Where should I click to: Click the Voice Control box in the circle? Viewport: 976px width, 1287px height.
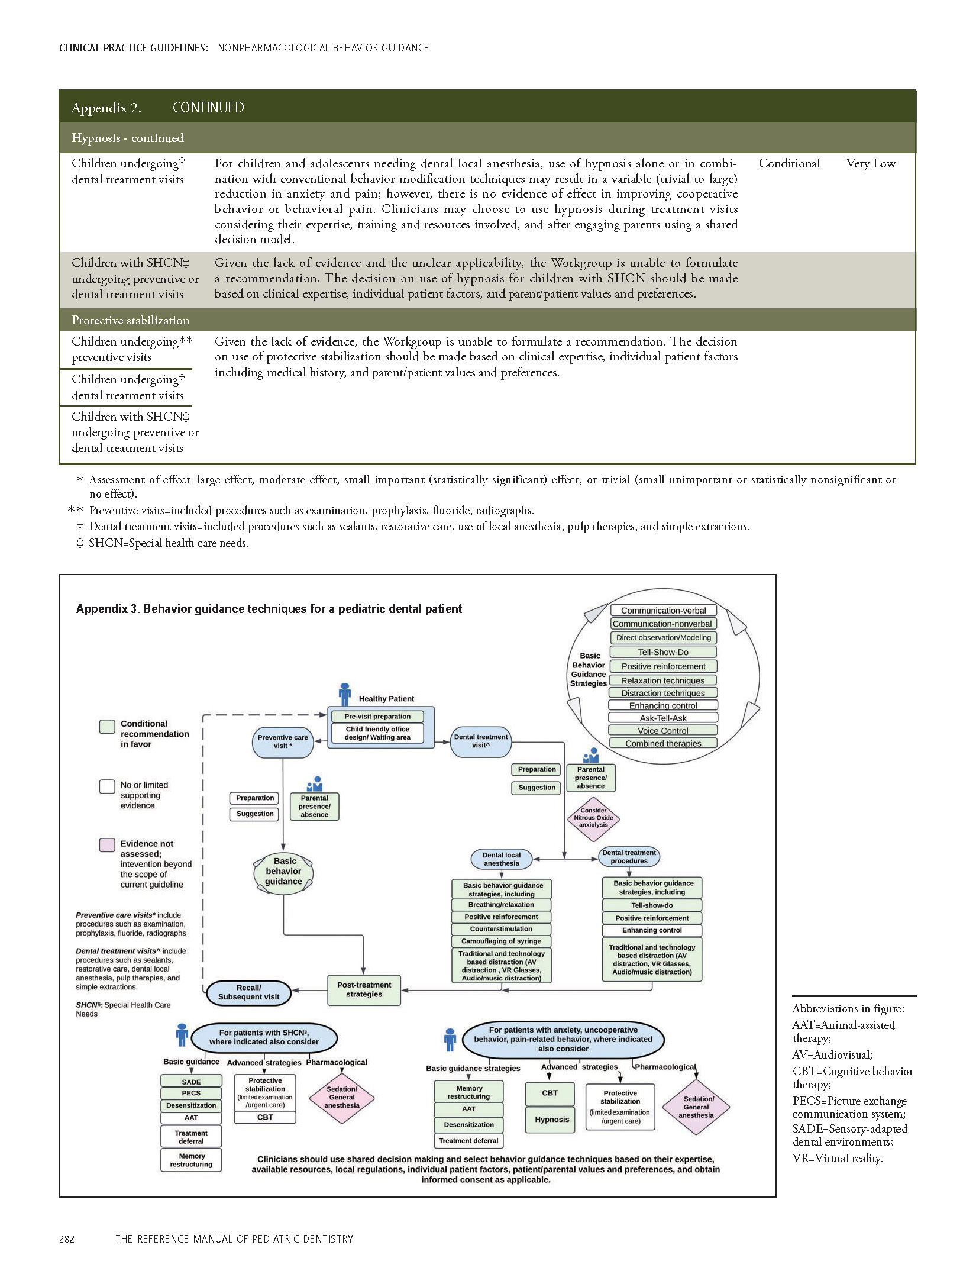[x=662, y=730]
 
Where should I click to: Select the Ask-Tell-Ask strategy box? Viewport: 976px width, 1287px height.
[x=662, y=718]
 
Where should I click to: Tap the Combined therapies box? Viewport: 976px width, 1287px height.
[x=662, y=743]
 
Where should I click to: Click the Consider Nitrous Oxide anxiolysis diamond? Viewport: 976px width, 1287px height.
[x=593, y=818]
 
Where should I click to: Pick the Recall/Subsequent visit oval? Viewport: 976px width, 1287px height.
[x=248, y=992]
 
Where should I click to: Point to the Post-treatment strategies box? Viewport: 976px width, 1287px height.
[x=364, y=989]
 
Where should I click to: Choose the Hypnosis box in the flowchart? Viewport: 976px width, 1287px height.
[x=551, y=1120]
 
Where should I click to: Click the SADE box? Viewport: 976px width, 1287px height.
[x=191, y=1082]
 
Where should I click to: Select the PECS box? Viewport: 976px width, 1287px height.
[x=191, y=1093]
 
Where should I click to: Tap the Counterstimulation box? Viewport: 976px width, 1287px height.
[x=501, y=929]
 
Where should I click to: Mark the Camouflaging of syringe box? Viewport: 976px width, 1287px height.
[x=501, y=941]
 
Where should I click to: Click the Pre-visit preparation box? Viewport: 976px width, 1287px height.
[x=377, y=716]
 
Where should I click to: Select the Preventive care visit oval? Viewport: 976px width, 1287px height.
[x=283, y=741]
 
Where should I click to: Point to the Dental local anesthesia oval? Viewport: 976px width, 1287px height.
[x=501, y=859]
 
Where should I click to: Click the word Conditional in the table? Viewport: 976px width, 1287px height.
[x=789, y=164]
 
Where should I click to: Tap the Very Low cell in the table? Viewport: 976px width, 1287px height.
[x=870, y=164]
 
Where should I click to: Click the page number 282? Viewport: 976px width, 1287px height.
[x=67, y=1239]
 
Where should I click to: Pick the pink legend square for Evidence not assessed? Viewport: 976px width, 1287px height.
[x=107, y=844]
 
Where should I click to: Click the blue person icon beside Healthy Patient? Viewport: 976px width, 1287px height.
[x=345, y=694]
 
